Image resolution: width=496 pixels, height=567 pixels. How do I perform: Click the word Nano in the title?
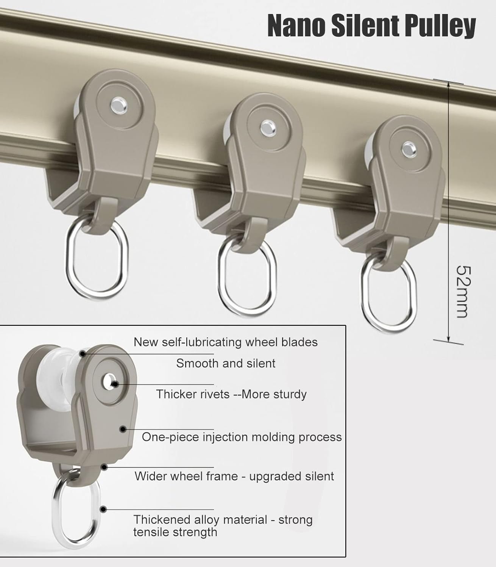point(296,26)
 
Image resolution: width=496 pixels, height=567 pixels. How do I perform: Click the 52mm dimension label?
point(463,291)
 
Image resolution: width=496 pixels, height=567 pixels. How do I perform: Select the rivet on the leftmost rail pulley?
point(119,104)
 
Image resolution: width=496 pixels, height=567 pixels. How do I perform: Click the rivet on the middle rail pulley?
point(267,127)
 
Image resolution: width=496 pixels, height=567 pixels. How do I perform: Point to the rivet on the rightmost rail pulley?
point(407,148)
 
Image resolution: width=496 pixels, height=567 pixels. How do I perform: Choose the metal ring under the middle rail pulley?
point(246,278)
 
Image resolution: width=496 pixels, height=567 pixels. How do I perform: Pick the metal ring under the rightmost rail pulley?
point(388,299)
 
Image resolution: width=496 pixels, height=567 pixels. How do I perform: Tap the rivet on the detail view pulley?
point(110,382)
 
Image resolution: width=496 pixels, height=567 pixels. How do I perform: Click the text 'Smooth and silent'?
point(226,363)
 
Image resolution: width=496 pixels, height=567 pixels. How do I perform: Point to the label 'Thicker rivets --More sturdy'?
point(231,394)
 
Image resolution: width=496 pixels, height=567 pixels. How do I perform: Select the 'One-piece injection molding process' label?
point(242,437)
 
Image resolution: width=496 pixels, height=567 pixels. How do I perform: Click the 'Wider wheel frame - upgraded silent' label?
point(234,476)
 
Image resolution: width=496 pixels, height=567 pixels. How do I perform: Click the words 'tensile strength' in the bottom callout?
point(175,532)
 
